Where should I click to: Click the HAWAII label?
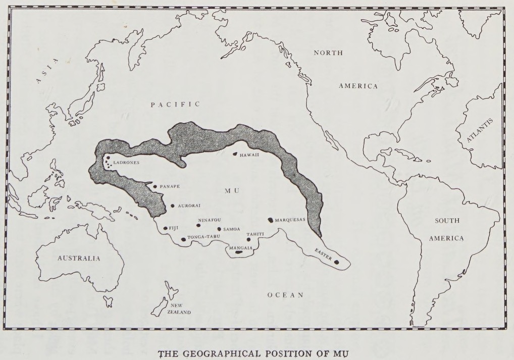pyautogui.click(x=249, y=155)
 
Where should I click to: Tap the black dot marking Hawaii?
pyautogui.click(x=235, y=154)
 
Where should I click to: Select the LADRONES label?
pyautogui.click(x=127, y=163)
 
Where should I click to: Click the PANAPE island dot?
pyautogui.click(x=155, y=186)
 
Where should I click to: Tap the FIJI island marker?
pyautogui.click(x=165, y=228)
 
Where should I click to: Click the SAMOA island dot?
pyautogui.click(x=219, y=229)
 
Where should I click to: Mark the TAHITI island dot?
pyautogui.click(x=248, y=239)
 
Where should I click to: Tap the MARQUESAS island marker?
pyautogui.click(x=270, y=220)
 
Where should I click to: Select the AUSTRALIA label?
pyautogui.click(x=79, y=258)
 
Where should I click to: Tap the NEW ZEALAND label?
pyautogui.click(x=180, y=309)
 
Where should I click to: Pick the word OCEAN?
pyautogui.click(x=285, y=295)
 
